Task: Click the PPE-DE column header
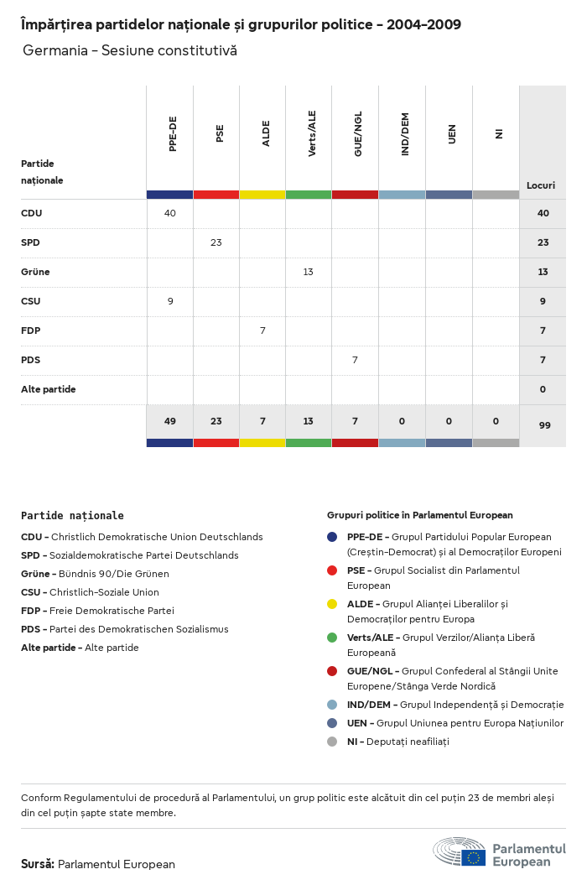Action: point(172,135)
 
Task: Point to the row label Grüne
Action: point(33,272)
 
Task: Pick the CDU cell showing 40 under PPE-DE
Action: point(170,213)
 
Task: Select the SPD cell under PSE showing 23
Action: point(216,242)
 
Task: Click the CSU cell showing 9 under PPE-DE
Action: point(170,301)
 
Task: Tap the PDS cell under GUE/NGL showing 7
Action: point(355,360)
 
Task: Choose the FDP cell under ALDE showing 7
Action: point(262,331)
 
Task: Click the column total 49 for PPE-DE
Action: point(170,421)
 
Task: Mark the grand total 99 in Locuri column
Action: point(544,425)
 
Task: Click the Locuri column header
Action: point(541,185)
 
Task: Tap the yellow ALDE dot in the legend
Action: point(332,604)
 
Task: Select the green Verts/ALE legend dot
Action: point(332,638)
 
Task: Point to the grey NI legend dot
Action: point(332,742)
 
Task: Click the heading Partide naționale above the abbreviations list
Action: point(72,516)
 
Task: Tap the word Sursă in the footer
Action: point(38,864)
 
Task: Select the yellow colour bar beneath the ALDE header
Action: point(262,195)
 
